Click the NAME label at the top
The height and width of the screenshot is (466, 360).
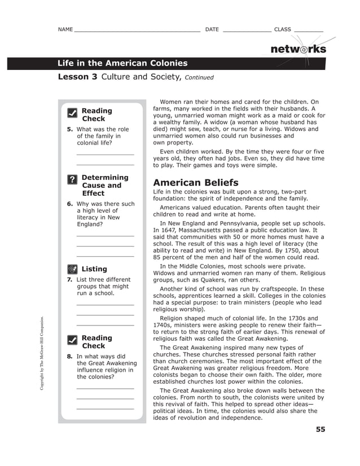[x=65, y=29]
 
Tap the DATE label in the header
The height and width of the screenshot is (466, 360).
[x=212, y=29]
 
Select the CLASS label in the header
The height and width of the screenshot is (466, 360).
[x=282, y=29]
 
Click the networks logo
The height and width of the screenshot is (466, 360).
[x=298, y=49]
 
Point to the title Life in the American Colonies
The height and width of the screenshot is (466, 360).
[x=122, y=63]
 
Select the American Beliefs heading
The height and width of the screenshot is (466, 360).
[x=196, y=183]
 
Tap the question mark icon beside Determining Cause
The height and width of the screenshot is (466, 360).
[x=72, y=179]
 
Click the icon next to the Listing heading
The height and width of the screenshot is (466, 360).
[x=72, y=269]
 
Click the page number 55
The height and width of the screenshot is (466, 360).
[x=320, y=429]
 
